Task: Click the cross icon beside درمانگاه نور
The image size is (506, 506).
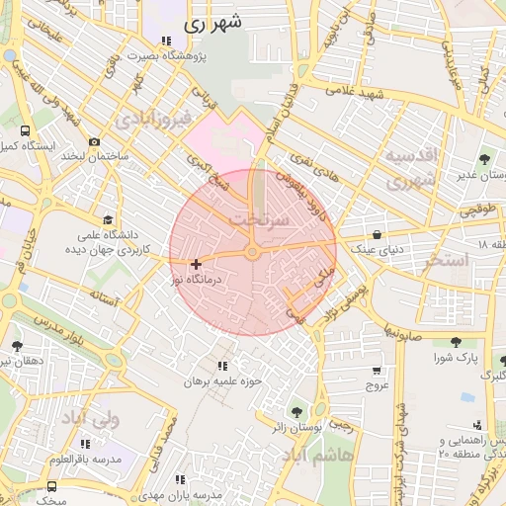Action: pyautogui.click(x=196, y=264)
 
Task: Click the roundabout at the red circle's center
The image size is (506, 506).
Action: pyautogui.click(x=252, y=254)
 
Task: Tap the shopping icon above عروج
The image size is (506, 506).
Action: pyautogui.click(x=376, y=370)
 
